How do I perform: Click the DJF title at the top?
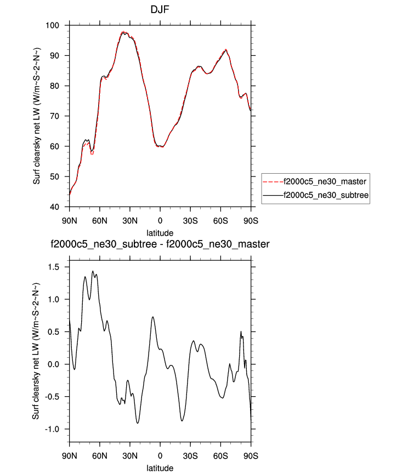pos(160,10)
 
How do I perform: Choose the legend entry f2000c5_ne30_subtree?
pos(324,195)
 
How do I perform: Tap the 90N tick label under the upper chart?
pos(70,221)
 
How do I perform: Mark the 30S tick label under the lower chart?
pos(190,455)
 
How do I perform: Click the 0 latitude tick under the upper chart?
pos(160,221)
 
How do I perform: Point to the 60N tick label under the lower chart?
pos(100,455)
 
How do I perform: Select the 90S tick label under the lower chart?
pos(251,455)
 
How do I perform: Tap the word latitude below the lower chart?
pos(160,468)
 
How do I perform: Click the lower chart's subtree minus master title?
pos(160,244)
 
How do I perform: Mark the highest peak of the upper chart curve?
pos(124,32)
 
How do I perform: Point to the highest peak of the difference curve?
pos(93,271)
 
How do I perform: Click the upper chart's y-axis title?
pos(37,116)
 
